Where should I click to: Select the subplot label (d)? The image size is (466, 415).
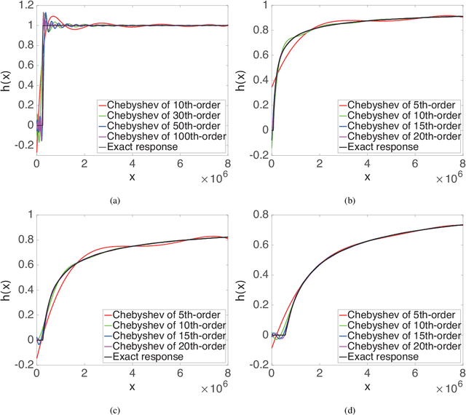tap(348, 409)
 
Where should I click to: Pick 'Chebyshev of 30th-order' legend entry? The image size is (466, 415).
tap(160, 114)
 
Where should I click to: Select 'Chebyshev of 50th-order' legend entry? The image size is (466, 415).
tap(160, 125)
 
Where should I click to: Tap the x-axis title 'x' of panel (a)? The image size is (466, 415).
tap(133, 178)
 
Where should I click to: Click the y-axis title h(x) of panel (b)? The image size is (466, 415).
tap(242, 84)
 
